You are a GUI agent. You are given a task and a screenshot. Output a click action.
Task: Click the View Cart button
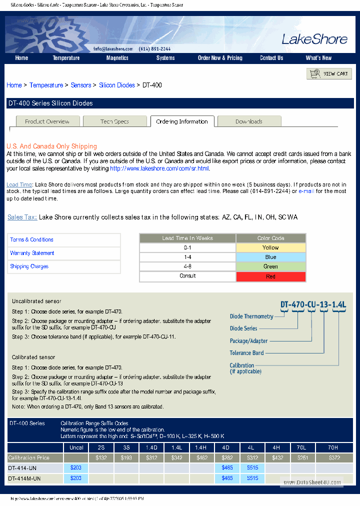[329, 74]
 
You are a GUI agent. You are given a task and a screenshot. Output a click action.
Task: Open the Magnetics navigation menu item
[117, 58]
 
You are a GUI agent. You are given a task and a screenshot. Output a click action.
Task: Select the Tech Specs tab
[114, 121]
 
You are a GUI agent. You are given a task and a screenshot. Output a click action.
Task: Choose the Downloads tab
[248, 121]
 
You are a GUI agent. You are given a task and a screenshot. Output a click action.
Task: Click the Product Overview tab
[47, 121]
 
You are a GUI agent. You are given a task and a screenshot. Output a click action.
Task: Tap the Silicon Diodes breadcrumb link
[117, 85]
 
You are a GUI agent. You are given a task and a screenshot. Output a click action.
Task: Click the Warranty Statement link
[32, 253]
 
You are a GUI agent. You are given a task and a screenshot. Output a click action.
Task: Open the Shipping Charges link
[29, 267]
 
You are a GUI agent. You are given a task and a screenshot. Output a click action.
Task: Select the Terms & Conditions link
[31, 240]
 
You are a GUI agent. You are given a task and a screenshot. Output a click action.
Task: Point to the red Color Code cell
[270, 276]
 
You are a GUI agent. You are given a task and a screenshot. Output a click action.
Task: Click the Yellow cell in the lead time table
[270, 248]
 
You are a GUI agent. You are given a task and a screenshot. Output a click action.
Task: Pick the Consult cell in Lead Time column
[187, 276]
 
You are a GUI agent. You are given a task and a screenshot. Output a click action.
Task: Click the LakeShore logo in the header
[314, 39]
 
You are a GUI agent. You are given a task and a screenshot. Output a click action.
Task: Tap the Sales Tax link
[22, 217]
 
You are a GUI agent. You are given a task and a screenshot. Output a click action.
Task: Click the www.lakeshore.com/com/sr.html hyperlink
[159, 169]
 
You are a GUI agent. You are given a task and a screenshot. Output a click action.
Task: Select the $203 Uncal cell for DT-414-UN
[76, 468]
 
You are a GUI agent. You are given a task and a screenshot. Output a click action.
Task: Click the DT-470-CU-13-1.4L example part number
[313, 304]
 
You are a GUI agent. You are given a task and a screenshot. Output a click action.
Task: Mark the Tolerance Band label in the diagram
[246, 353]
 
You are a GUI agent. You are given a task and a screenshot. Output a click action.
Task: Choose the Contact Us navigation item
[271, 58]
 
